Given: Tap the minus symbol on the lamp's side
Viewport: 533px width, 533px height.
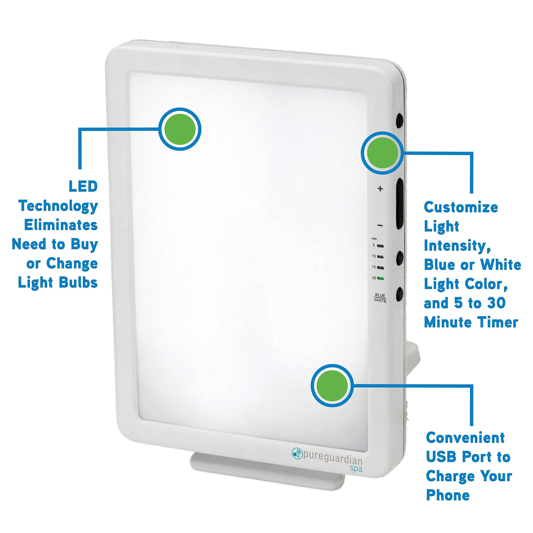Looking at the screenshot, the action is click(x=380, y=226).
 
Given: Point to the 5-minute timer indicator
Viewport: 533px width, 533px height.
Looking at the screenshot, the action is click(x=381, y=245).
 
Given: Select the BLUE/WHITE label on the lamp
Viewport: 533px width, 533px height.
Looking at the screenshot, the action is click(x=380, y=298).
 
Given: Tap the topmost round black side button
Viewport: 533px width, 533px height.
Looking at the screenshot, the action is click(x=399, y=121).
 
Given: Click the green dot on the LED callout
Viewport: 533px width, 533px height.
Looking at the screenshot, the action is click(x=180, y=129).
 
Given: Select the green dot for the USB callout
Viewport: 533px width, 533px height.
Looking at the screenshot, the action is click(x=332, y=385).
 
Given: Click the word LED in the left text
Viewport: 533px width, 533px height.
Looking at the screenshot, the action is click(x=83, y=187).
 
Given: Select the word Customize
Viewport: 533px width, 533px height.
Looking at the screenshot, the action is click(x=461, y=207).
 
